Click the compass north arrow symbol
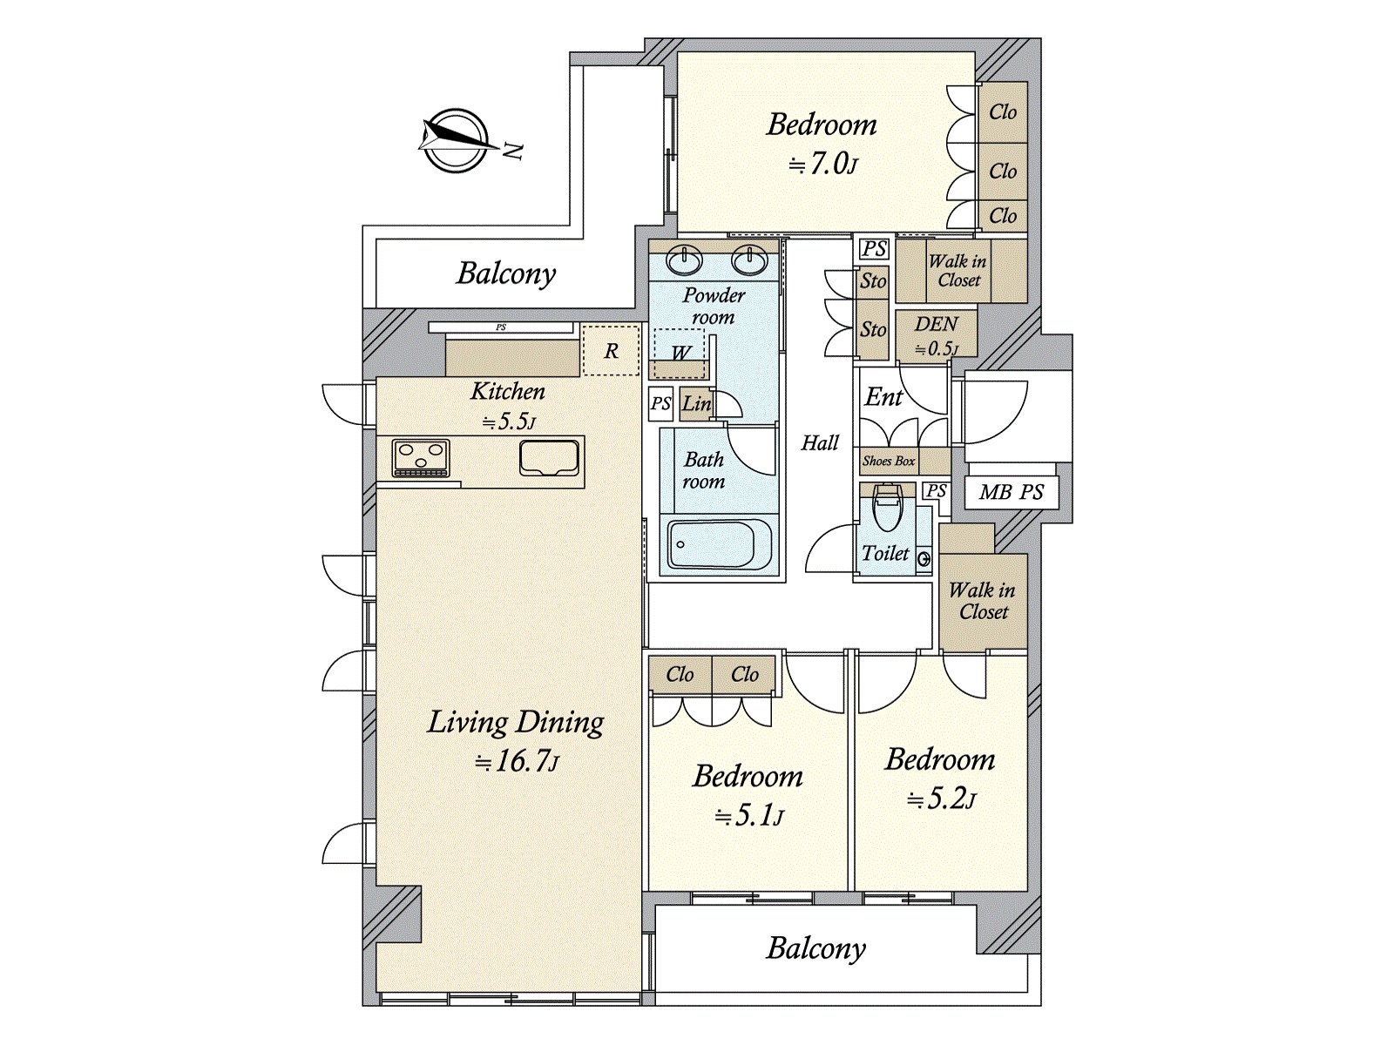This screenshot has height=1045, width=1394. (x=457, y=141)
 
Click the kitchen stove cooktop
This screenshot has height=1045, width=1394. (x=421, y=458)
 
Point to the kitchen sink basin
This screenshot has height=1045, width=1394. (x=550, y=458)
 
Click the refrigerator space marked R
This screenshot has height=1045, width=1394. (x=611, y=351)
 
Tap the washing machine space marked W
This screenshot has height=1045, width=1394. (x=680, y=354)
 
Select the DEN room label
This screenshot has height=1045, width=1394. (x=936, y=324)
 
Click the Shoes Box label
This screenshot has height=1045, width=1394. (x=889, y=462)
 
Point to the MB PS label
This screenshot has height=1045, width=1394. (x=1011, y=492)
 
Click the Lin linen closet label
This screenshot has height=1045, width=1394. (x=696, y=403)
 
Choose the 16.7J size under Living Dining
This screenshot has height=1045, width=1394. (x=518, y=762)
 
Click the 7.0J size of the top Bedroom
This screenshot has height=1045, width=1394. (x=822, y=165)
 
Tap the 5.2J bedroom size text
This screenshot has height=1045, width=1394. (x=941, y=799)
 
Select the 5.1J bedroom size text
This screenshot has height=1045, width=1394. (x=748, y=816)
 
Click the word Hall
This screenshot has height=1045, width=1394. (x=820, y=443)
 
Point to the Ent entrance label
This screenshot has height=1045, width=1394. (x=883, y=398)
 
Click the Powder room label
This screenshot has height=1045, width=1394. (x=714, y=307)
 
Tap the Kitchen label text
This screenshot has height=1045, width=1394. (x=507, y=392)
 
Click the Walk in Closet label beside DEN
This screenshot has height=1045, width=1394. (x=958, y=271)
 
